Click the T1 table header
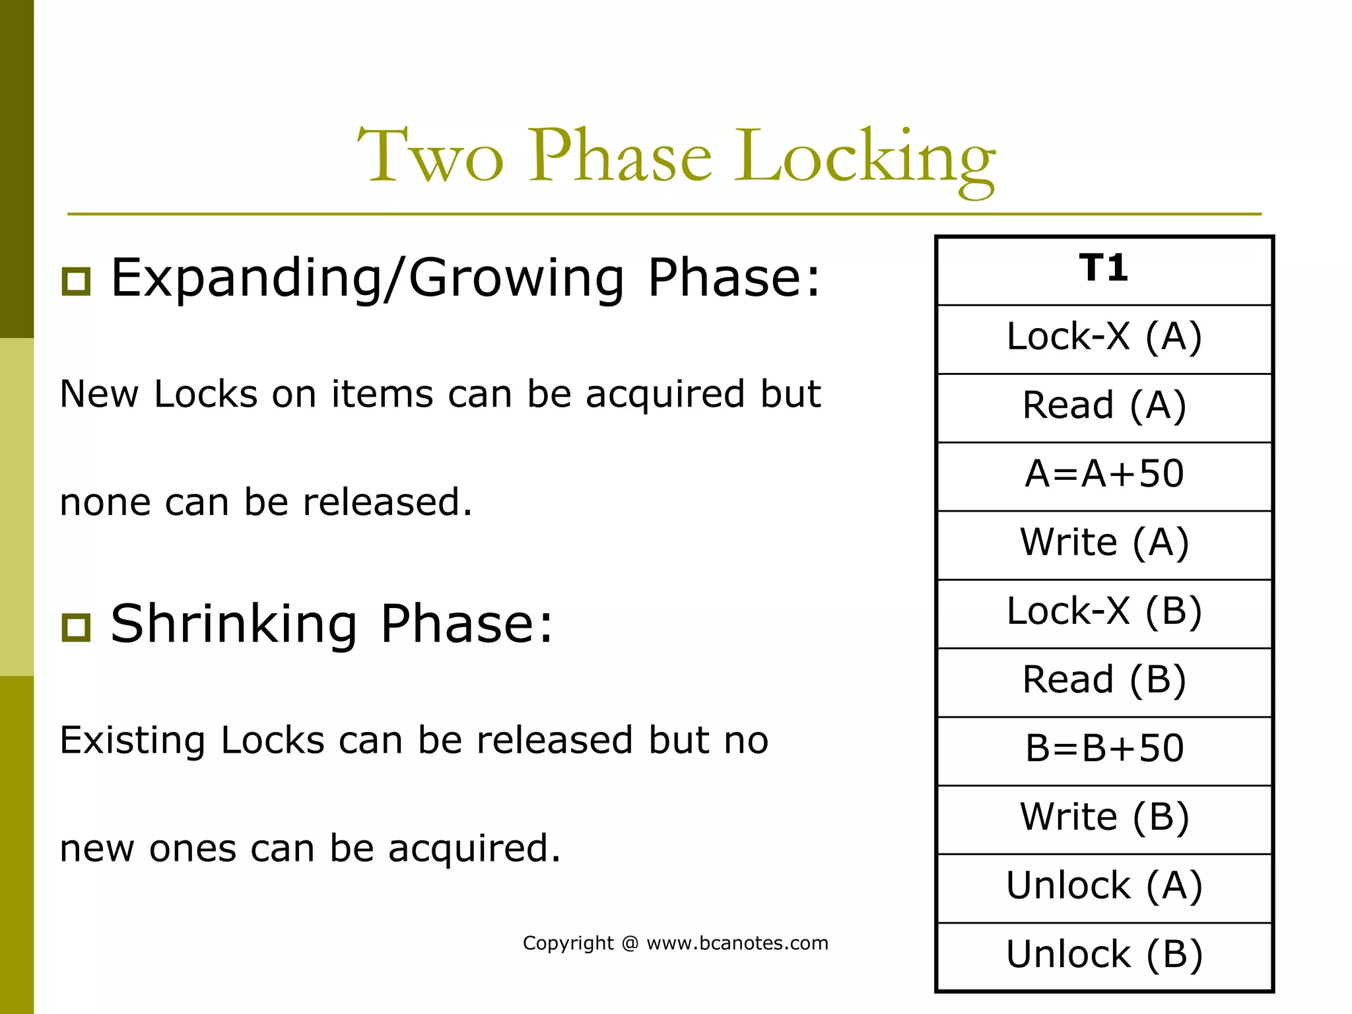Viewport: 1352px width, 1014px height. pos(1104,269)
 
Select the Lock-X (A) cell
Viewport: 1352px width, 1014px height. pos(1104,337)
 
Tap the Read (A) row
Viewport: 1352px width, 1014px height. pos(1104,406)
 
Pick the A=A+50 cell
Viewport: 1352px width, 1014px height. pos(1104,475)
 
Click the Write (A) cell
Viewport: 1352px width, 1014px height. pos(1104,543)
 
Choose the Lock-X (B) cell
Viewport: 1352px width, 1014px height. pos(1104,612)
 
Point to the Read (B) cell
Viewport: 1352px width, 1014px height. pos(1104,681)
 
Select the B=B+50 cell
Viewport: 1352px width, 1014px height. pos(1104,749)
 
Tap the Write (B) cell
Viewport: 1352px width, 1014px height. pos(1104,818)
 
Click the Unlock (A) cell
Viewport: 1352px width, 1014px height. pos(1104,887)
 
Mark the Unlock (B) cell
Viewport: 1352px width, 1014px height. pos(1104,955)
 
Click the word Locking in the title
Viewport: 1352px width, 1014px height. pos(864,158)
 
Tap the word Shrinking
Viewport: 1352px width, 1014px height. pos(234,625)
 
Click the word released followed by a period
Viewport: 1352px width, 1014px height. pos(388,502)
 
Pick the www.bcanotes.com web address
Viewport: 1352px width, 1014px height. pos(737,943)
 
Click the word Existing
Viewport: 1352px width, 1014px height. pos(133,741)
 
